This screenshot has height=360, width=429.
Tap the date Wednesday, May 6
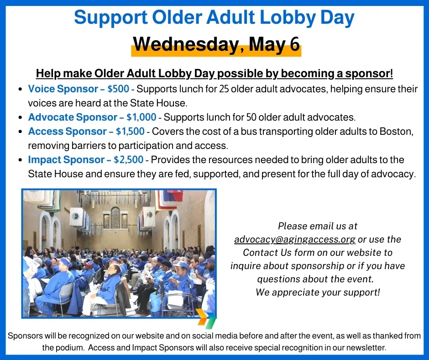click(216, 44)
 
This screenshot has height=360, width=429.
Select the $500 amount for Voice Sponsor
click(118, 89)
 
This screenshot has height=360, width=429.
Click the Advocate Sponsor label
click(73, 117)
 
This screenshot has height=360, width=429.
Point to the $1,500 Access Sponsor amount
click(130, 131)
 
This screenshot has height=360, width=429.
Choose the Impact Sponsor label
click(66, 159)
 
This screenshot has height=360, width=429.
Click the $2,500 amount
click(129, 159)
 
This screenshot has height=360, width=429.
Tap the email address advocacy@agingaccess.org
click(295, 239)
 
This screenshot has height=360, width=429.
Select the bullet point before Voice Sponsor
click(20, 90)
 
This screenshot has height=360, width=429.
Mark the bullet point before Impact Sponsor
click(20, 160)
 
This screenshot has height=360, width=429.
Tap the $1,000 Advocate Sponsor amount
click(141, 117)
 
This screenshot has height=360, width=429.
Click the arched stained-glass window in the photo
click(115, 218)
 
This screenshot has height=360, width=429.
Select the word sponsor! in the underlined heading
click(369, 74)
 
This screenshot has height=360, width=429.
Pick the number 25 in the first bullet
click(224, 89)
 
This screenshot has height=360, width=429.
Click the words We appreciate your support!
click(318, 292)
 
